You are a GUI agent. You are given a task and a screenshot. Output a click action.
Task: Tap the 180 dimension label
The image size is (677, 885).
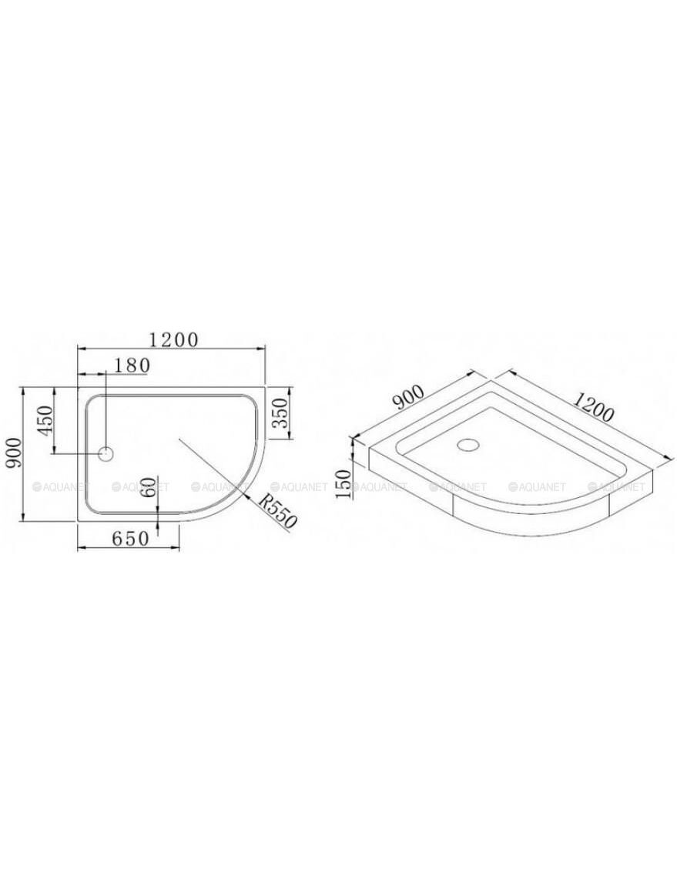pos(132,366)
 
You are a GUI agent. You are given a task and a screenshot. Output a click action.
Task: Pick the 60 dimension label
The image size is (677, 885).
pos(149,486)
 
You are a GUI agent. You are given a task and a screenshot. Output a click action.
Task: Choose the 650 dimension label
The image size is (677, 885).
pos(130,539)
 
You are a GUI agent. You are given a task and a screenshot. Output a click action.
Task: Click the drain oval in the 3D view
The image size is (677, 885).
pos(468,444)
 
